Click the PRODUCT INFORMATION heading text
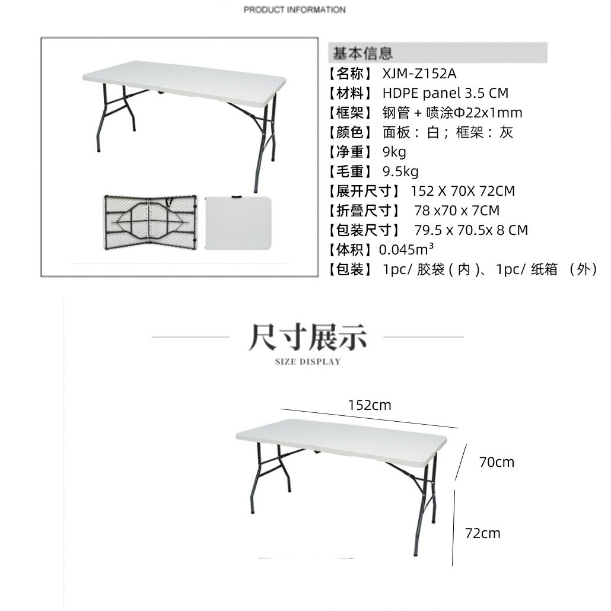click(x=294, y=9)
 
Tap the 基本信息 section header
click(x=362, y=53)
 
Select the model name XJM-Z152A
click(x=419, y=74)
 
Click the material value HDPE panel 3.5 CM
click(x=445, y=93)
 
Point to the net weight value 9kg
click(x=394, y=152)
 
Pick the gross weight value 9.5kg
click(x=400, y=171)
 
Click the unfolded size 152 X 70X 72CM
click(x=463, y=191)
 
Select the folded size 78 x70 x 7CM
click(x=457, y=211)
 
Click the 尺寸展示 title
click(x=307, y=337)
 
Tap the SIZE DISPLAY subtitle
click(x=308, y=362)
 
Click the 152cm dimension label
click(x=370, y=405)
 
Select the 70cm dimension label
click(x=497, y=462)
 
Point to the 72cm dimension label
click(x=482, y=533)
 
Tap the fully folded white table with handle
click(x=237, y=223)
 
